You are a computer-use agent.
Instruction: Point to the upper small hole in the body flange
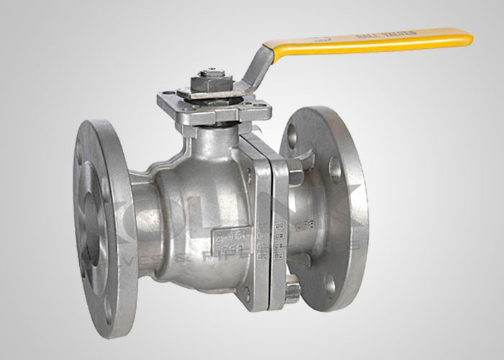(249, 173)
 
